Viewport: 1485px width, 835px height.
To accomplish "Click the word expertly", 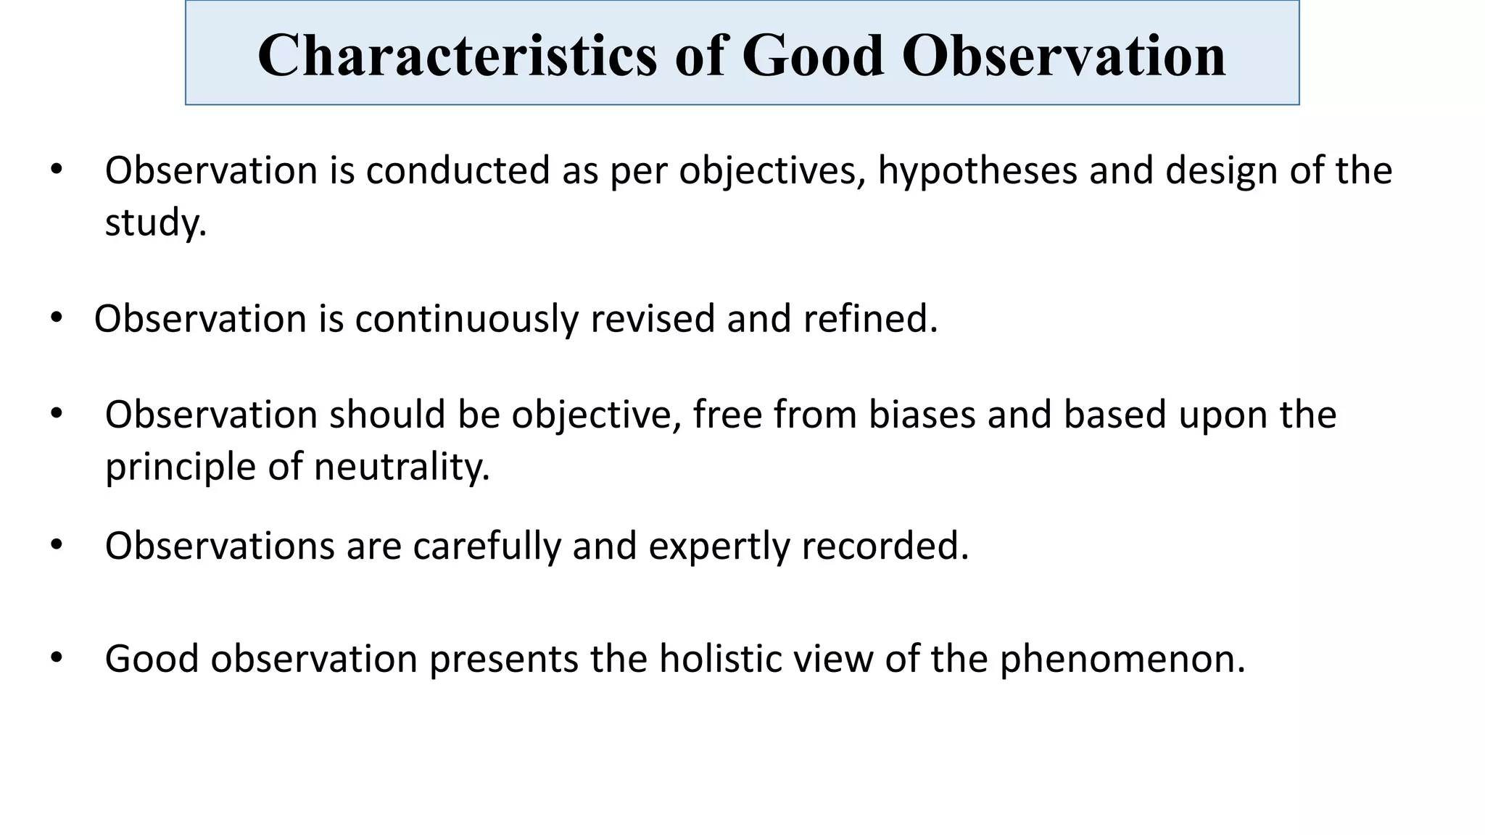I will click(x=719, y=546).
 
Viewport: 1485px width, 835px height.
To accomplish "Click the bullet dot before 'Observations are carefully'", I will click(x=57, y=545).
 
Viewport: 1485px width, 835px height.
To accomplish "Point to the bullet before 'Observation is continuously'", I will click(x=57, y=318).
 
